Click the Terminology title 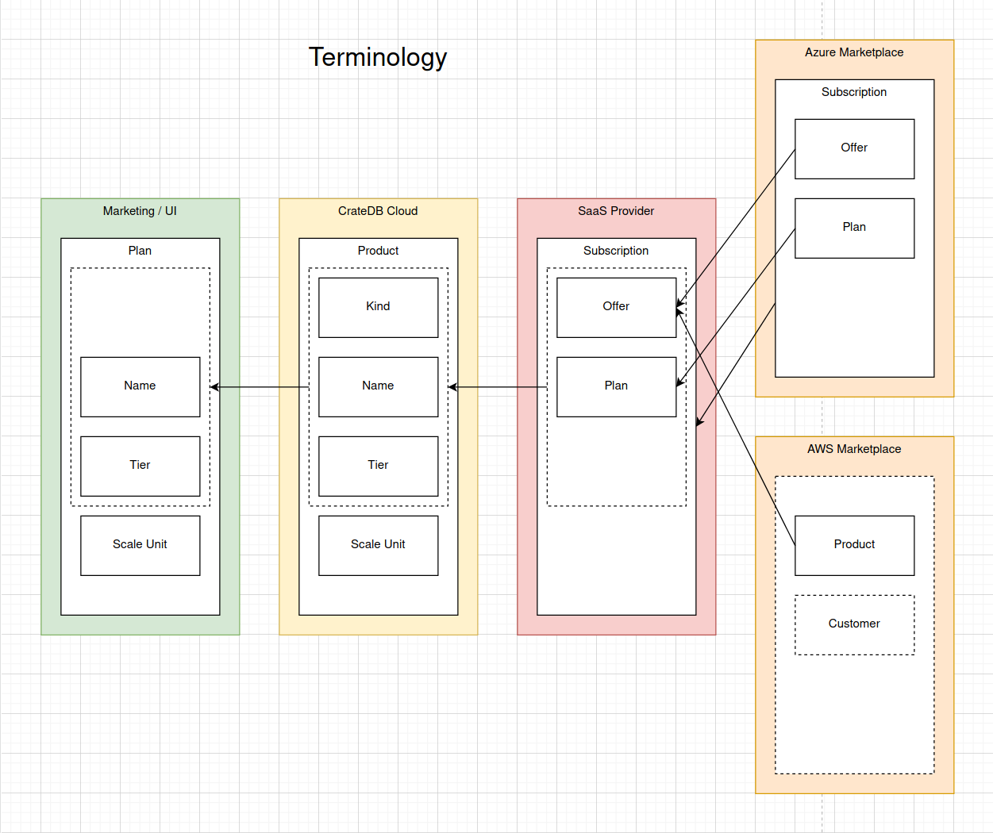point(378,57)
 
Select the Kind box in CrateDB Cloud point(378,307)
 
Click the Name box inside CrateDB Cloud point(378,386)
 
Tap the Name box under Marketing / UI point(140,386)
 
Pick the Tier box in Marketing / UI point(140,466)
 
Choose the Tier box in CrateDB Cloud point(378,466)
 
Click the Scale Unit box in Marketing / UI point(140,545)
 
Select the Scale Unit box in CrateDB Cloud point(378,545)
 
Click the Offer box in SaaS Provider point(616,307)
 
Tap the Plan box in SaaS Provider point(616,386)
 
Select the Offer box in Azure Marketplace point(854,148)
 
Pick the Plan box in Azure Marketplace point(854,228)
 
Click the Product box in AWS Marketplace point(854,545)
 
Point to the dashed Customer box point(854,624)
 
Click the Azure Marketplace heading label point(854,52)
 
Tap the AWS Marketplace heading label point(854,449)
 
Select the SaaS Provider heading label point(616,211)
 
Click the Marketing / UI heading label point(140,211)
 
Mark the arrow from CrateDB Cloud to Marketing point(260,387)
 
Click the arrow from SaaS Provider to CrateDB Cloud point(498,387)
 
